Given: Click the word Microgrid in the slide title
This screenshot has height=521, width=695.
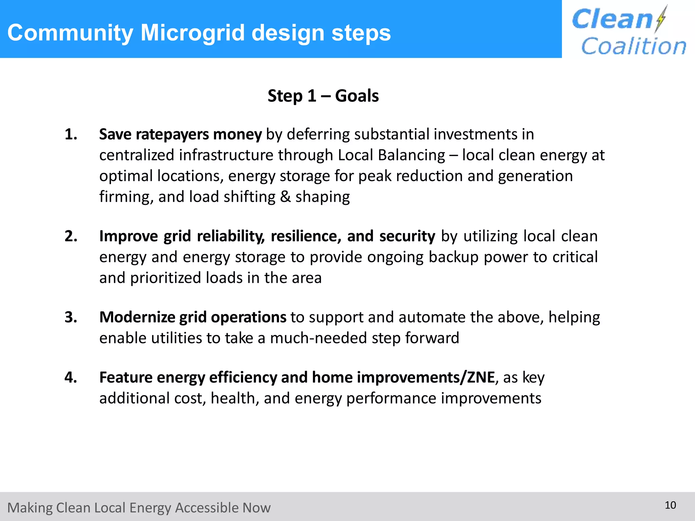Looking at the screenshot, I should point(192,33).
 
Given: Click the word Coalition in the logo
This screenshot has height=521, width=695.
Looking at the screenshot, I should point(634,46).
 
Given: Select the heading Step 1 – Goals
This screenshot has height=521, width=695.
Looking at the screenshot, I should point(323,96).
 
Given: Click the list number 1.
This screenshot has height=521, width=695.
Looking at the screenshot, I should point(71,134).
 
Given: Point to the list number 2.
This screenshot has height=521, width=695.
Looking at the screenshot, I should point(71,236).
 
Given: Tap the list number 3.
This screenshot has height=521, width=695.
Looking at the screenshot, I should point(71,317).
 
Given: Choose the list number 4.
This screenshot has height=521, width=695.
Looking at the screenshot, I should point(71,378).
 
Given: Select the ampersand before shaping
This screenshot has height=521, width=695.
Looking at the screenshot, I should point(285,197).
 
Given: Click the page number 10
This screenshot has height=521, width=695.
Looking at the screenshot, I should point(670,505).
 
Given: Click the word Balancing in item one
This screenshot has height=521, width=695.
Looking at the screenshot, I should point(411,155).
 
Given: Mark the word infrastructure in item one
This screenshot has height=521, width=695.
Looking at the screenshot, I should point(226,155).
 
